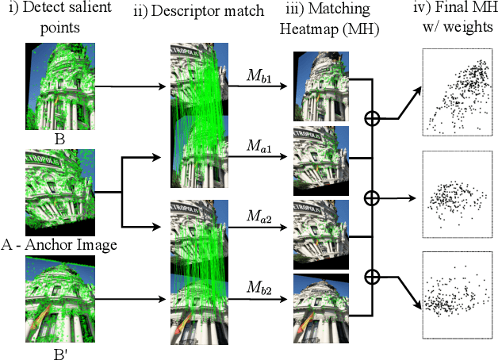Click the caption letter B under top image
(59, 138)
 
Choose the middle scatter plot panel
(458, 193)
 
